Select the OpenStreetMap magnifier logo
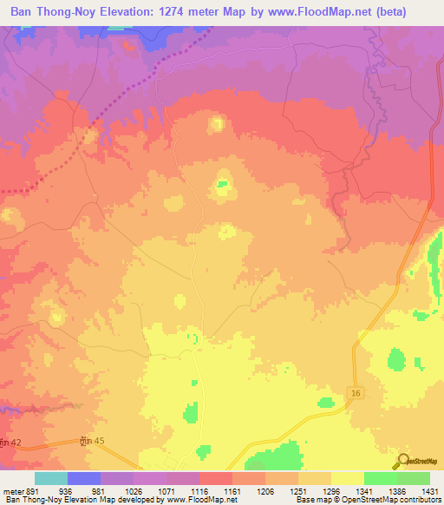402,460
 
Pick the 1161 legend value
233,489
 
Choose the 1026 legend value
134,489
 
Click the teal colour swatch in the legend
50,478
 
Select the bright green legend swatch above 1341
380,478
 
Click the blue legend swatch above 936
83,478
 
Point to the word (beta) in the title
410,13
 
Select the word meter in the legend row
12,489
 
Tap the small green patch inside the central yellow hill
222,183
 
